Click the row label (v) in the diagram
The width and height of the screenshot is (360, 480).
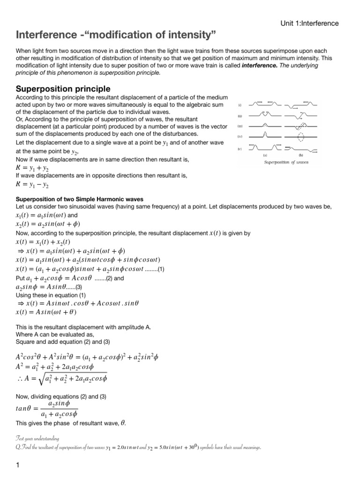coord(240,149)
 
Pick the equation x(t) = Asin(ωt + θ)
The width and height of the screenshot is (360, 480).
coord(46,312)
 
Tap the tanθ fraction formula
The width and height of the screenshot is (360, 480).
coord(47,408)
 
